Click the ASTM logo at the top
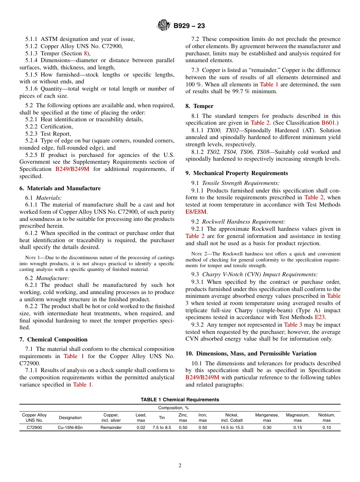coord(164,26)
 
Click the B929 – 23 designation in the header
coord(189,26)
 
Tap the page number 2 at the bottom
coord(180,466)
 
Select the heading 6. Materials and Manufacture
coord(60,188)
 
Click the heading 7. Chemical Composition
coord(53,340)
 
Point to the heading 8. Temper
coord(199,106)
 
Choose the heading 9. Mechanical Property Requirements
coord(236,173)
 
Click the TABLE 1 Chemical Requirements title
coord(180,400)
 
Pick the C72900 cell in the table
coord(34,427)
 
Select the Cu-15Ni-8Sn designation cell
coord(70,427)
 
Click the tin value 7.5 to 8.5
coord(162,427)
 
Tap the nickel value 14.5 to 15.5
coord(232,427)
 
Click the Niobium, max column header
coord(326,418)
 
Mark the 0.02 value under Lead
coord(141,427)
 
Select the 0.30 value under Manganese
coord(267,427)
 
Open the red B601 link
coord(328,123)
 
